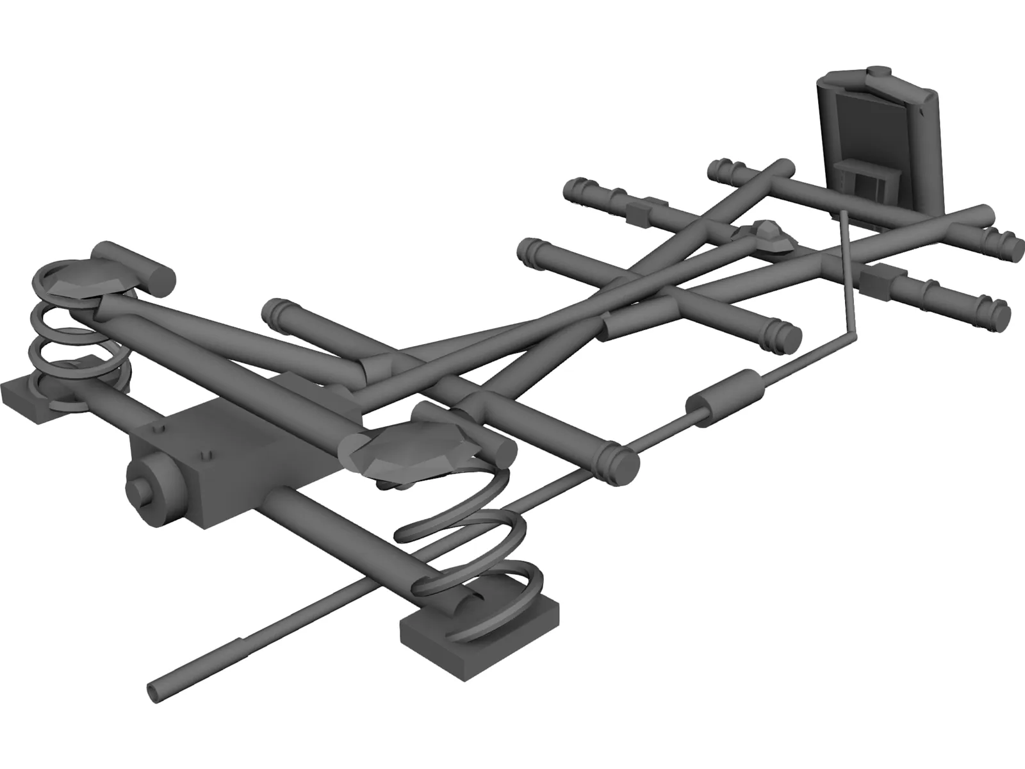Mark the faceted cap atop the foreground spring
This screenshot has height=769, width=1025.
pos(410,449)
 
